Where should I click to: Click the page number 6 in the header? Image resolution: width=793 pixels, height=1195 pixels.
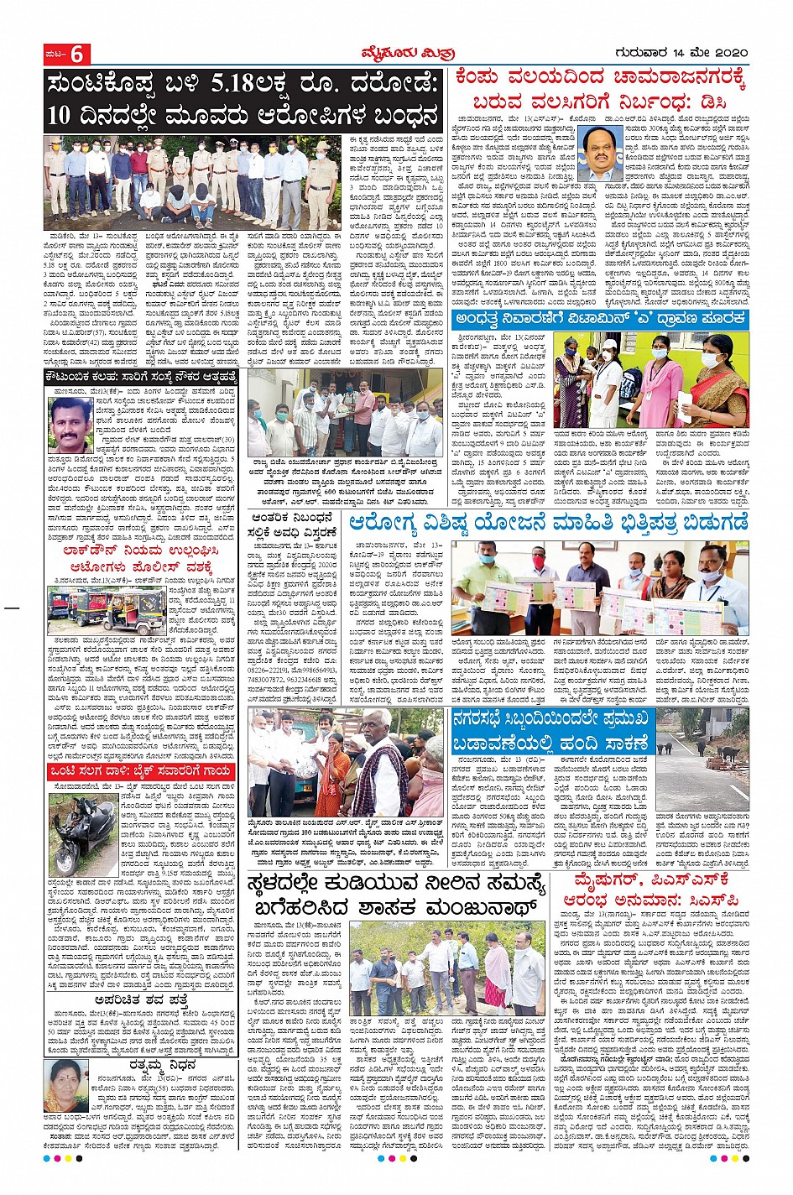click(x=77, y=55)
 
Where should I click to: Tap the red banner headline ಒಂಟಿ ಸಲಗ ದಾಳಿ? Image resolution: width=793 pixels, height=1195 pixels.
click(x=141, y=770)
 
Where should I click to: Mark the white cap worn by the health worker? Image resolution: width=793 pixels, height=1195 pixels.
click(x=608, y=344)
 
